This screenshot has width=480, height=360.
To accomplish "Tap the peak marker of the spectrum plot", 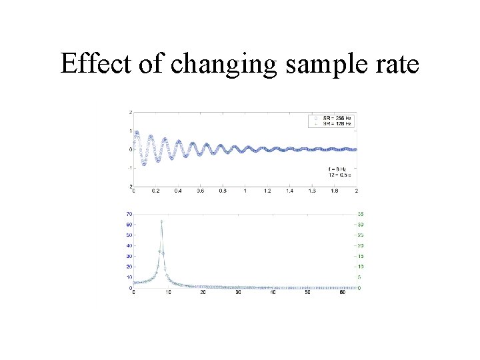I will point(161,221).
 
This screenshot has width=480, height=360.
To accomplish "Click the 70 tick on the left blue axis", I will point(128,214).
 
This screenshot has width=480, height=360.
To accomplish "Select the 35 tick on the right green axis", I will point(360,214).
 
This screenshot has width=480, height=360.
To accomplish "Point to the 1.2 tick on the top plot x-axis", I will point(267,191).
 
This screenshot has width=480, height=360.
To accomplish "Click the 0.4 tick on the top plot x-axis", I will point(178,191).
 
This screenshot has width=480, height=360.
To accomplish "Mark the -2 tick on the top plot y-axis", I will point(129,186).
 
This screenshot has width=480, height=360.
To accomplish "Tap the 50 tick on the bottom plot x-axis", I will point(307,293).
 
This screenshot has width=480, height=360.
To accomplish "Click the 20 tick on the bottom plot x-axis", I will point(203,293).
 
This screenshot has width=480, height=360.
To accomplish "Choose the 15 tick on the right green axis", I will point(360,257).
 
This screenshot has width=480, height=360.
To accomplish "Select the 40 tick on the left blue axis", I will point(128,246).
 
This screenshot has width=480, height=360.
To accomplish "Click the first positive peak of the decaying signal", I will point(137,132).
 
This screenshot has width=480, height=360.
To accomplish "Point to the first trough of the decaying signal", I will point(143,163).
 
